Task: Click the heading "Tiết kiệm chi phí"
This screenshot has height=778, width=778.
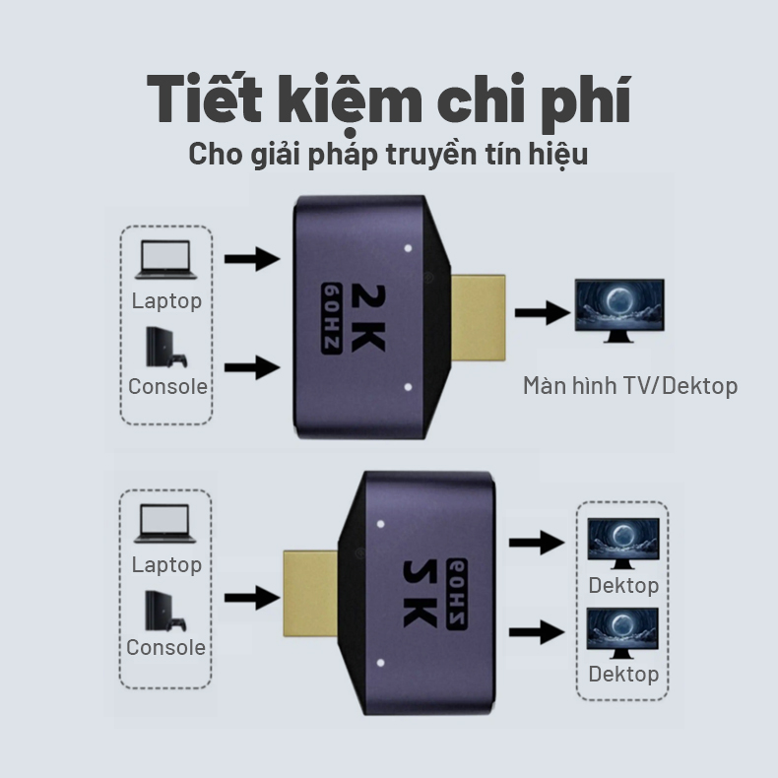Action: [389, 98]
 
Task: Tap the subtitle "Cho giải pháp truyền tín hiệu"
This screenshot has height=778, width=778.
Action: [389, 155]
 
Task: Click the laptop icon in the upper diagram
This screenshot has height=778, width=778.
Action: [166, 260]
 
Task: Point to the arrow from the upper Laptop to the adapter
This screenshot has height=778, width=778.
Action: [252, 260]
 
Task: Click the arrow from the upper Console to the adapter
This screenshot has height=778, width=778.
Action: [252, 368]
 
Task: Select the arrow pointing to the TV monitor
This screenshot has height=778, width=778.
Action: [543, 314]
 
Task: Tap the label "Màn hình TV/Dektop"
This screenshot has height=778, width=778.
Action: [630, 385]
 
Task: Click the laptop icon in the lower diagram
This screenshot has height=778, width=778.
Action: [166, 524]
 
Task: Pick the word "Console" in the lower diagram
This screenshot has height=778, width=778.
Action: [165, 647]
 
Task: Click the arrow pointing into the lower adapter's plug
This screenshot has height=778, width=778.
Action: [252, 596]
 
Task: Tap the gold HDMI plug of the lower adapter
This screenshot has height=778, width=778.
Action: [311, 592]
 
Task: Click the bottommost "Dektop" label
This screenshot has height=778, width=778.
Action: [623, 674]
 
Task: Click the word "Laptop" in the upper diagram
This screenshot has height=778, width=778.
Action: [166, 300]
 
